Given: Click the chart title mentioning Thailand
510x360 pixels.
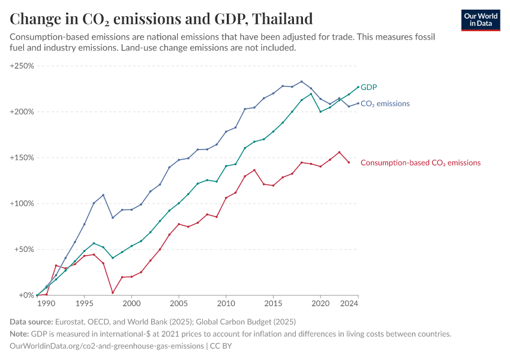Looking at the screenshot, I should [161, 19].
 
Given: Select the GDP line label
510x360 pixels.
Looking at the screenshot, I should [368, 87].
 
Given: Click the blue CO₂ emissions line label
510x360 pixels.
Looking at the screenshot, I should [385, 104].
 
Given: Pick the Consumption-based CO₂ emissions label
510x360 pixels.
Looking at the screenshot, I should [420, 163].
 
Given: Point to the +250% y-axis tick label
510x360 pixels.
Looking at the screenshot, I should [22, 65].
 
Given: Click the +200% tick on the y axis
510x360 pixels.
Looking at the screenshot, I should [22, 112].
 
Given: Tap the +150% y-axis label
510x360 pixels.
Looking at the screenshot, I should [22, 158].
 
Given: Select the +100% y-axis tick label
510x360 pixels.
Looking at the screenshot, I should [22, 203].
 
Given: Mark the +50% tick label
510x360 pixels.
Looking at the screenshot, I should [23, 250].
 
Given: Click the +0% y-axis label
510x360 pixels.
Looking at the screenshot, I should [25, 295].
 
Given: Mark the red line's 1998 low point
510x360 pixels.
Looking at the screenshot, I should [113, 293].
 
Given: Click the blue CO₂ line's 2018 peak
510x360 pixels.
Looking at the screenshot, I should [301, 82].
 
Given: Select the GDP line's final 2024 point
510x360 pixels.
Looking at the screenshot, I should [358, 87].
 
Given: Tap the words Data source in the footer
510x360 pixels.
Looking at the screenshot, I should [32, 322].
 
